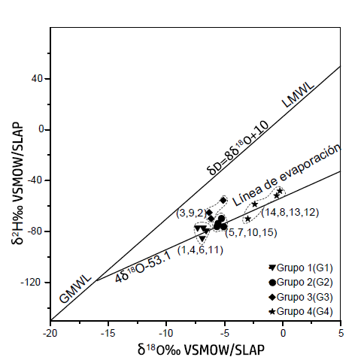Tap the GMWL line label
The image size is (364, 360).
[77, 289]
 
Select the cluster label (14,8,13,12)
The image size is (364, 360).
[290, 213]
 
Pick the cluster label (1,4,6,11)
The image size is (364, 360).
[201, 250]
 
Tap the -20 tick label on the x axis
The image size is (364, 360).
[50, 331]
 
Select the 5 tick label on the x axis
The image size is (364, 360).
[341, 331]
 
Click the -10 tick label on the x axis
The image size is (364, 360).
[166, 331]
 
